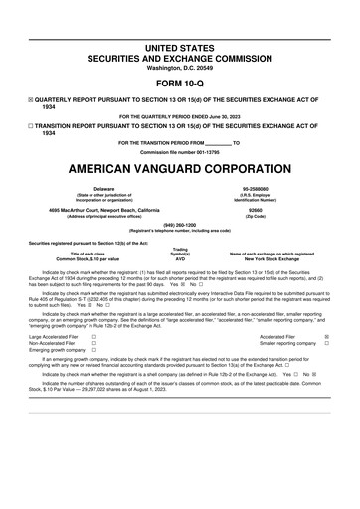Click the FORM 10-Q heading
(179, 84)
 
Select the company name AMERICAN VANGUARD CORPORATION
(179, 164)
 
